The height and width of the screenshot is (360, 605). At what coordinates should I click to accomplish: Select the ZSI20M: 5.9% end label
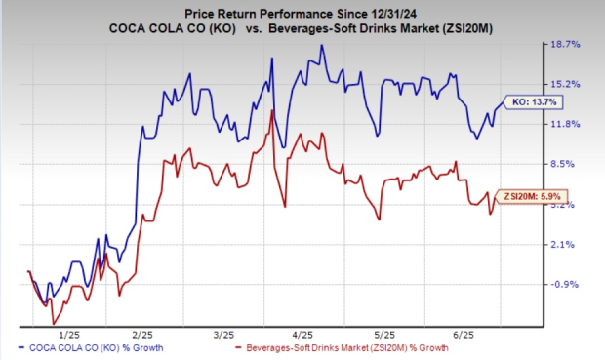[x=531, y=196]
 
